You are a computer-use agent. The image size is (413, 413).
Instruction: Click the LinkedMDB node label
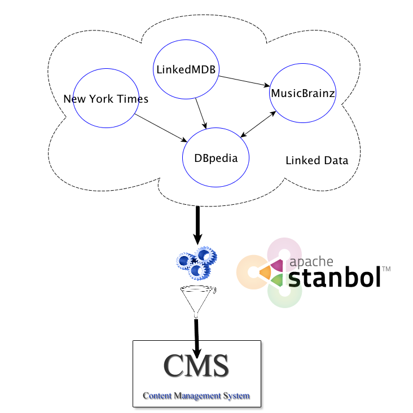[187, 69]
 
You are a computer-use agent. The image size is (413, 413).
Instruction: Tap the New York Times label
[106, 99]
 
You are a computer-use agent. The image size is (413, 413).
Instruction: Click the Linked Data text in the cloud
[317, 161]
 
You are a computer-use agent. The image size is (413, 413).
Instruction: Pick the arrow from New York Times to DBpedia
[161, 128]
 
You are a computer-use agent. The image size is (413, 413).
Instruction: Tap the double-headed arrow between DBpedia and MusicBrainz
[258, 124]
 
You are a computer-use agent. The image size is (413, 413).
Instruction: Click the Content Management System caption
[196, 396]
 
